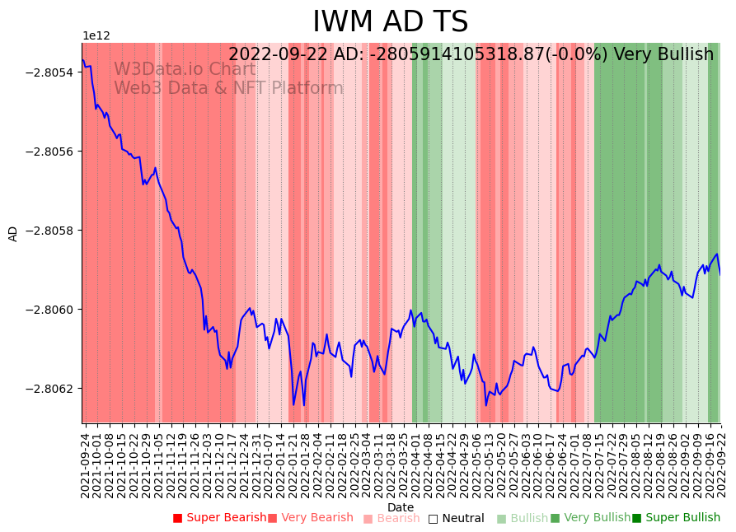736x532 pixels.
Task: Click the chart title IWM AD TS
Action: tap(390, 22)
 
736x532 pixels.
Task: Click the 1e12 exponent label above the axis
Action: tap(96, 36)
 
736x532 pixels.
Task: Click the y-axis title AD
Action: tap(13, 233)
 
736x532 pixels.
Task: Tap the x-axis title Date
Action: tap(401, 507)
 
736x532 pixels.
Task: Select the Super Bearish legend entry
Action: tap(219, 518)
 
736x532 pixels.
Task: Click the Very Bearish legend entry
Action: tap(311, 518)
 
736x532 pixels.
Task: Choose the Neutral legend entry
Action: tap(456, 518)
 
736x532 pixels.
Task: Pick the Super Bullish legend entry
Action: tap(676, 518)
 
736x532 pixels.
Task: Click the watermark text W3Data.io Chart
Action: tap(185, 70)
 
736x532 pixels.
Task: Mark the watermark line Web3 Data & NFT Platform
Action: tap(228, 89)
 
